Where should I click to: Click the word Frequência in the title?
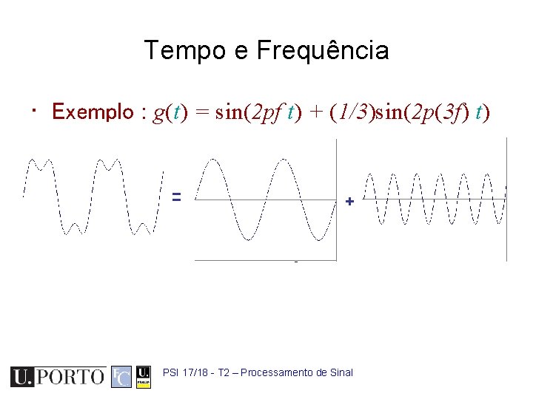pos(323,51)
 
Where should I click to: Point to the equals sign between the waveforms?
pos(177,197)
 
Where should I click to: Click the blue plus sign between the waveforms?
pos(349,201)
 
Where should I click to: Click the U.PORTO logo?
pos(57,376)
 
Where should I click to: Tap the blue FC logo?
pos(121,376)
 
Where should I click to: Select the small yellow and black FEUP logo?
pos(144,376)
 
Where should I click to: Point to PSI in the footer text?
pos(170,372)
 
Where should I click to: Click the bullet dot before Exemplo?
pos(35,111)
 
